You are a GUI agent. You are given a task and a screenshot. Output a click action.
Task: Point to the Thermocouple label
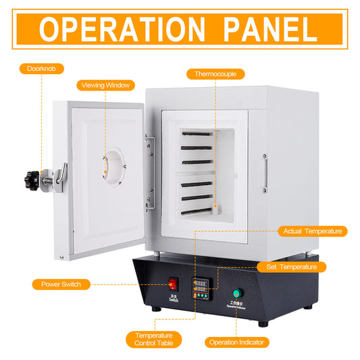215,74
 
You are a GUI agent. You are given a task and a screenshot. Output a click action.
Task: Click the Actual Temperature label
312,231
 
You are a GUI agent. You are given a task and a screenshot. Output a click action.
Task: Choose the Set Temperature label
292,267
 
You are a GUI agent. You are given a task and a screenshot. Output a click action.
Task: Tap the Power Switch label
61,284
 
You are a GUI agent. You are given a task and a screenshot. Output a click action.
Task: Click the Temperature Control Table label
153,339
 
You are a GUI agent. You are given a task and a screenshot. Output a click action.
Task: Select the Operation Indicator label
236,342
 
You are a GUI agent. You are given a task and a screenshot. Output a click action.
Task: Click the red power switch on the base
174,284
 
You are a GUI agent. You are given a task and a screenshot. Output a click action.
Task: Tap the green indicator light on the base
236,293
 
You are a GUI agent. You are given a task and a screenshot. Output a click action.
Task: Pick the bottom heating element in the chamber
197,211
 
